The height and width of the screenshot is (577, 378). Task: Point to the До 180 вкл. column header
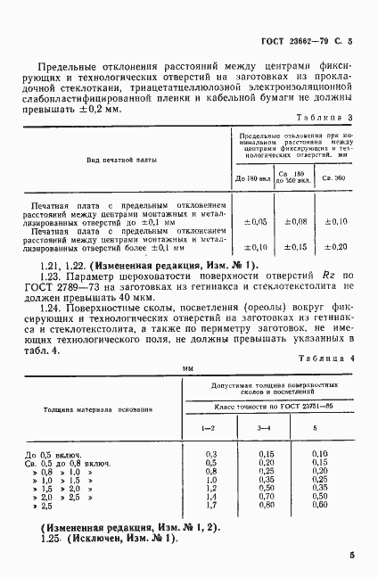pos(252,178)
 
